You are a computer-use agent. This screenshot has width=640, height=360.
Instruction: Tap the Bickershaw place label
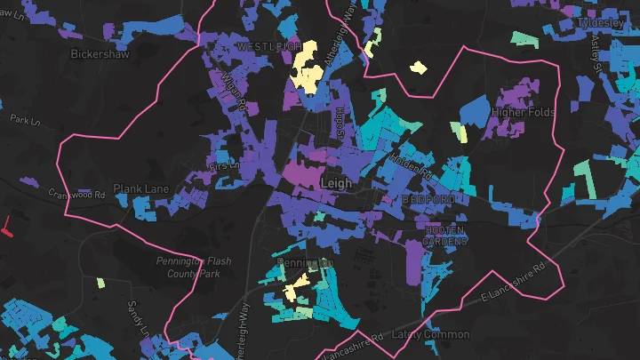(100, 53)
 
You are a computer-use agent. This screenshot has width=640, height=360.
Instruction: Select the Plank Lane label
(135, 188)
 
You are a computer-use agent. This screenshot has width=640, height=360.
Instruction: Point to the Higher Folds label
(523, 112)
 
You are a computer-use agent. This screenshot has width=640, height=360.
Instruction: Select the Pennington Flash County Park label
(193, 268)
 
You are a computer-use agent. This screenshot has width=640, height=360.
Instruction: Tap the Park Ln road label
(26, 118)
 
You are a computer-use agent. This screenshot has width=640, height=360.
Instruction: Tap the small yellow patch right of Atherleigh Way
(417, 67)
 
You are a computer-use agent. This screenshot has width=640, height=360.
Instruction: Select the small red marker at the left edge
(6, 228)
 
